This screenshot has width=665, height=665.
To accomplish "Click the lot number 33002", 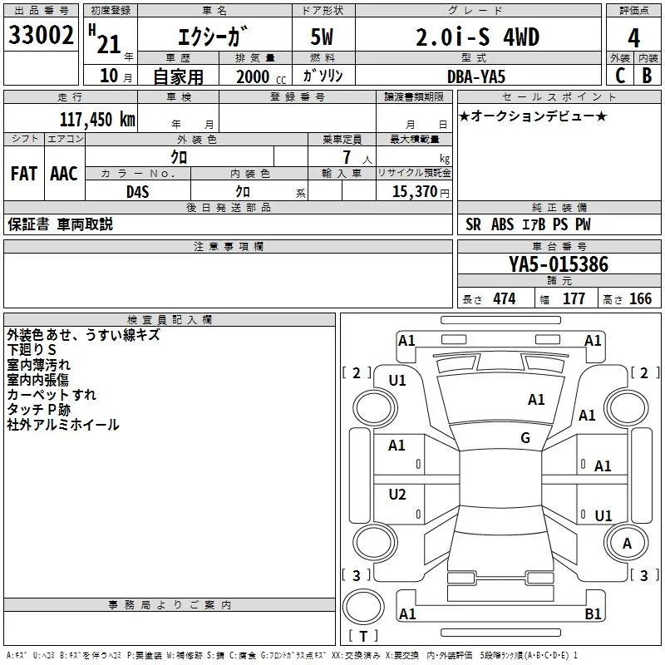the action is point(41,35).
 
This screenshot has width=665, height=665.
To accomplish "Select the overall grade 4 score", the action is point(633,38).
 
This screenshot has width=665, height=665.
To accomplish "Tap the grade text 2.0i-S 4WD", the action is point(477,37).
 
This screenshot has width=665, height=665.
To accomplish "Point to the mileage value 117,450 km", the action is point(97,120).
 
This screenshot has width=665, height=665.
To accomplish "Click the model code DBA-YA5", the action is point(476,76).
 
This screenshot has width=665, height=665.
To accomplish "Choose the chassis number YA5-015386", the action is point(559,264).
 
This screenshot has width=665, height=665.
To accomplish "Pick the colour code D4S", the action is point(138,192).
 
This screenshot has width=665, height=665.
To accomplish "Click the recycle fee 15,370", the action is point(414,191).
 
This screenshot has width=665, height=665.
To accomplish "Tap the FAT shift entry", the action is point(24,174).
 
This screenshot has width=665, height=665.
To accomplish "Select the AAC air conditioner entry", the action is point(64,174).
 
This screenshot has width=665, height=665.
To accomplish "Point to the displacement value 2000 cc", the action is point(261,76).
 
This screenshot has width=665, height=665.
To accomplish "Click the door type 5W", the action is point(322,37).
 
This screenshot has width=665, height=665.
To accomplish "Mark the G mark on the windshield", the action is point(525,437).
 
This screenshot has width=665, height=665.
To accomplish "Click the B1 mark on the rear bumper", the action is point(593,613).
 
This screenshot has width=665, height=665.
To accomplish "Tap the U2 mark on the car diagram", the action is point(397,494).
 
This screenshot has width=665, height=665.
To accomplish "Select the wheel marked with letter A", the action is point(626,543).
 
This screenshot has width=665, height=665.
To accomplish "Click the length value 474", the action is point(505,298).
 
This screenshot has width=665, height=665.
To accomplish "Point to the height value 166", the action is point(640,298).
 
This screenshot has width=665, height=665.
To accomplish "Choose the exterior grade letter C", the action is point(620,76).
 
